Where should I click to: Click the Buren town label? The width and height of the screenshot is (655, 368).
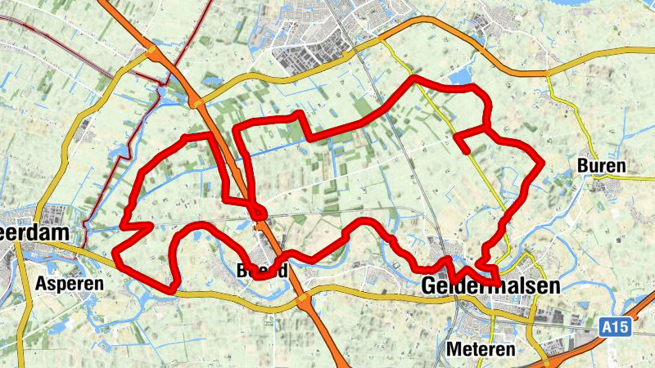click(602, 166)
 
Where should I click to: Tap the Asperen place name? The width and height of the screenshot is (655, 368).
click(70, 283)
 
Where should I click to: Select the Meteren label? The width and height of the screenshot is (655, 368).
click(481, 349)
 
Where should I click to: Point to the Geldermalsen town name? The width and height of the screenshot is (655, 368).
click(491, 286)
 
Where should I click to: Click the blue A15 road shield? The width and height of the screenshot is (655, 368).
click(616, 328)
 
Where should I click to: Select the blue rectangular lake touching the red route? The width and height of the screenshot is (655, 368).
click(461, 76)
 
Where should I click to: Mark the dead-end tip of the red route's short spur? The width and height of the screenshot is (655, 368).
click(466, 150)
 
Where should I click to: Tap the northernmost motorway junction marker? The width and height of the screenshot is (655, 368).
click(152, 53)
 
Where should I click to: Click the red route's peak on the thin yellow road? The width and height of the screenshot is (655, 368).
click(416, 79)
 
